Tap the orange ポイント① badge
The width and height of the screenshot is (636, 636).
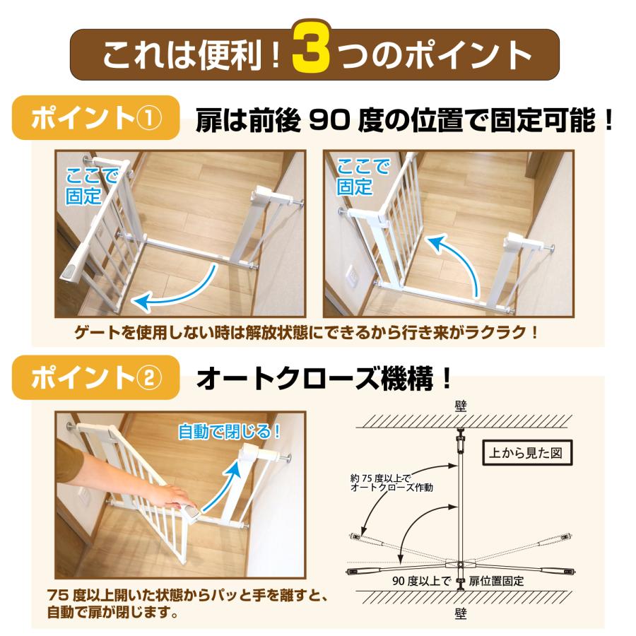point(98,117)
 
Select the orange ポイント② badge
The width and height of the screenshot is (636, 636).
point(96,377)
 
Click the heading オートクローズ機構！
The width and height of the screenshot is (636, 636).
point(324,379)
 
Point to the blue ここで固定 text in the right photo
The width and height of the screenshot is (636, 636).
point(363,177)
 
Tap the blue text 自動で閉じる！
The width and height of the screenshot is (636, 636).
point(228,430)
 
